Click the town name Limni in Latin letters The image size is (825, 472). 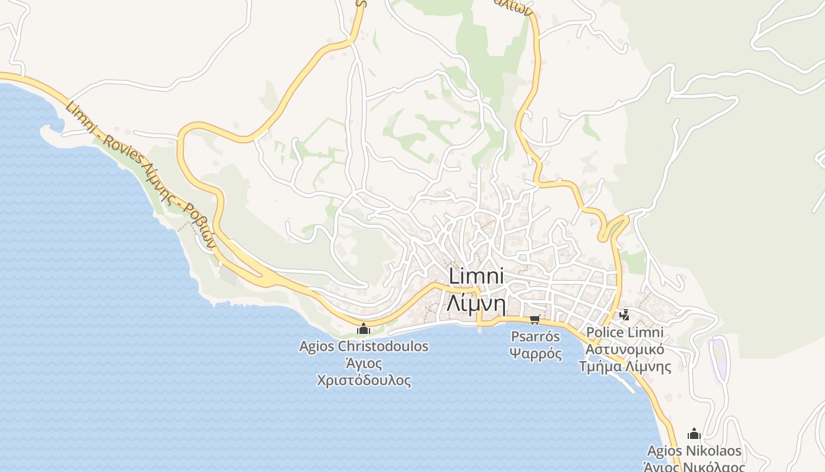(476, 277)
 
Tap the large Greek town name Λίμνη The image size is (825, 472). (476, 303)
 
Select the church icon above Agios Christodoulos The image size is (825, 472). (364, 329)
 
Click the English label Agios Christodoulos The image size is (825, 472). (364, 346)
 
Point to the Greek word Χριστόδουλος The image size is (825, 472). (364, 380)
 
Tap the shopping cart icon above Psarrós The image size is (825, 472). (535, 320)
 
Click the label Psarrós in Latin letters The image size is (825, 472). (535, 337)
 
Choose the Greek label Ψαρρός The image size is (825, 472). (535, 354)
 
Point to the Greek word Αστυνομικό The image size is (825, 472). (625, 349)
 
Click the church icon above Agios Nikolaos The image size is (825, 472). (694, 435)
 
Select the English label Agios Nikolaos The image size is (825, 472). (694, 451)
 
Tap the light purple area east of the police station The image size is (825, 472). (719, 359)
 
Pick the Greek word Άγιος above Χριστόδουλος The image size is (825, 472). (364, 363)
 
